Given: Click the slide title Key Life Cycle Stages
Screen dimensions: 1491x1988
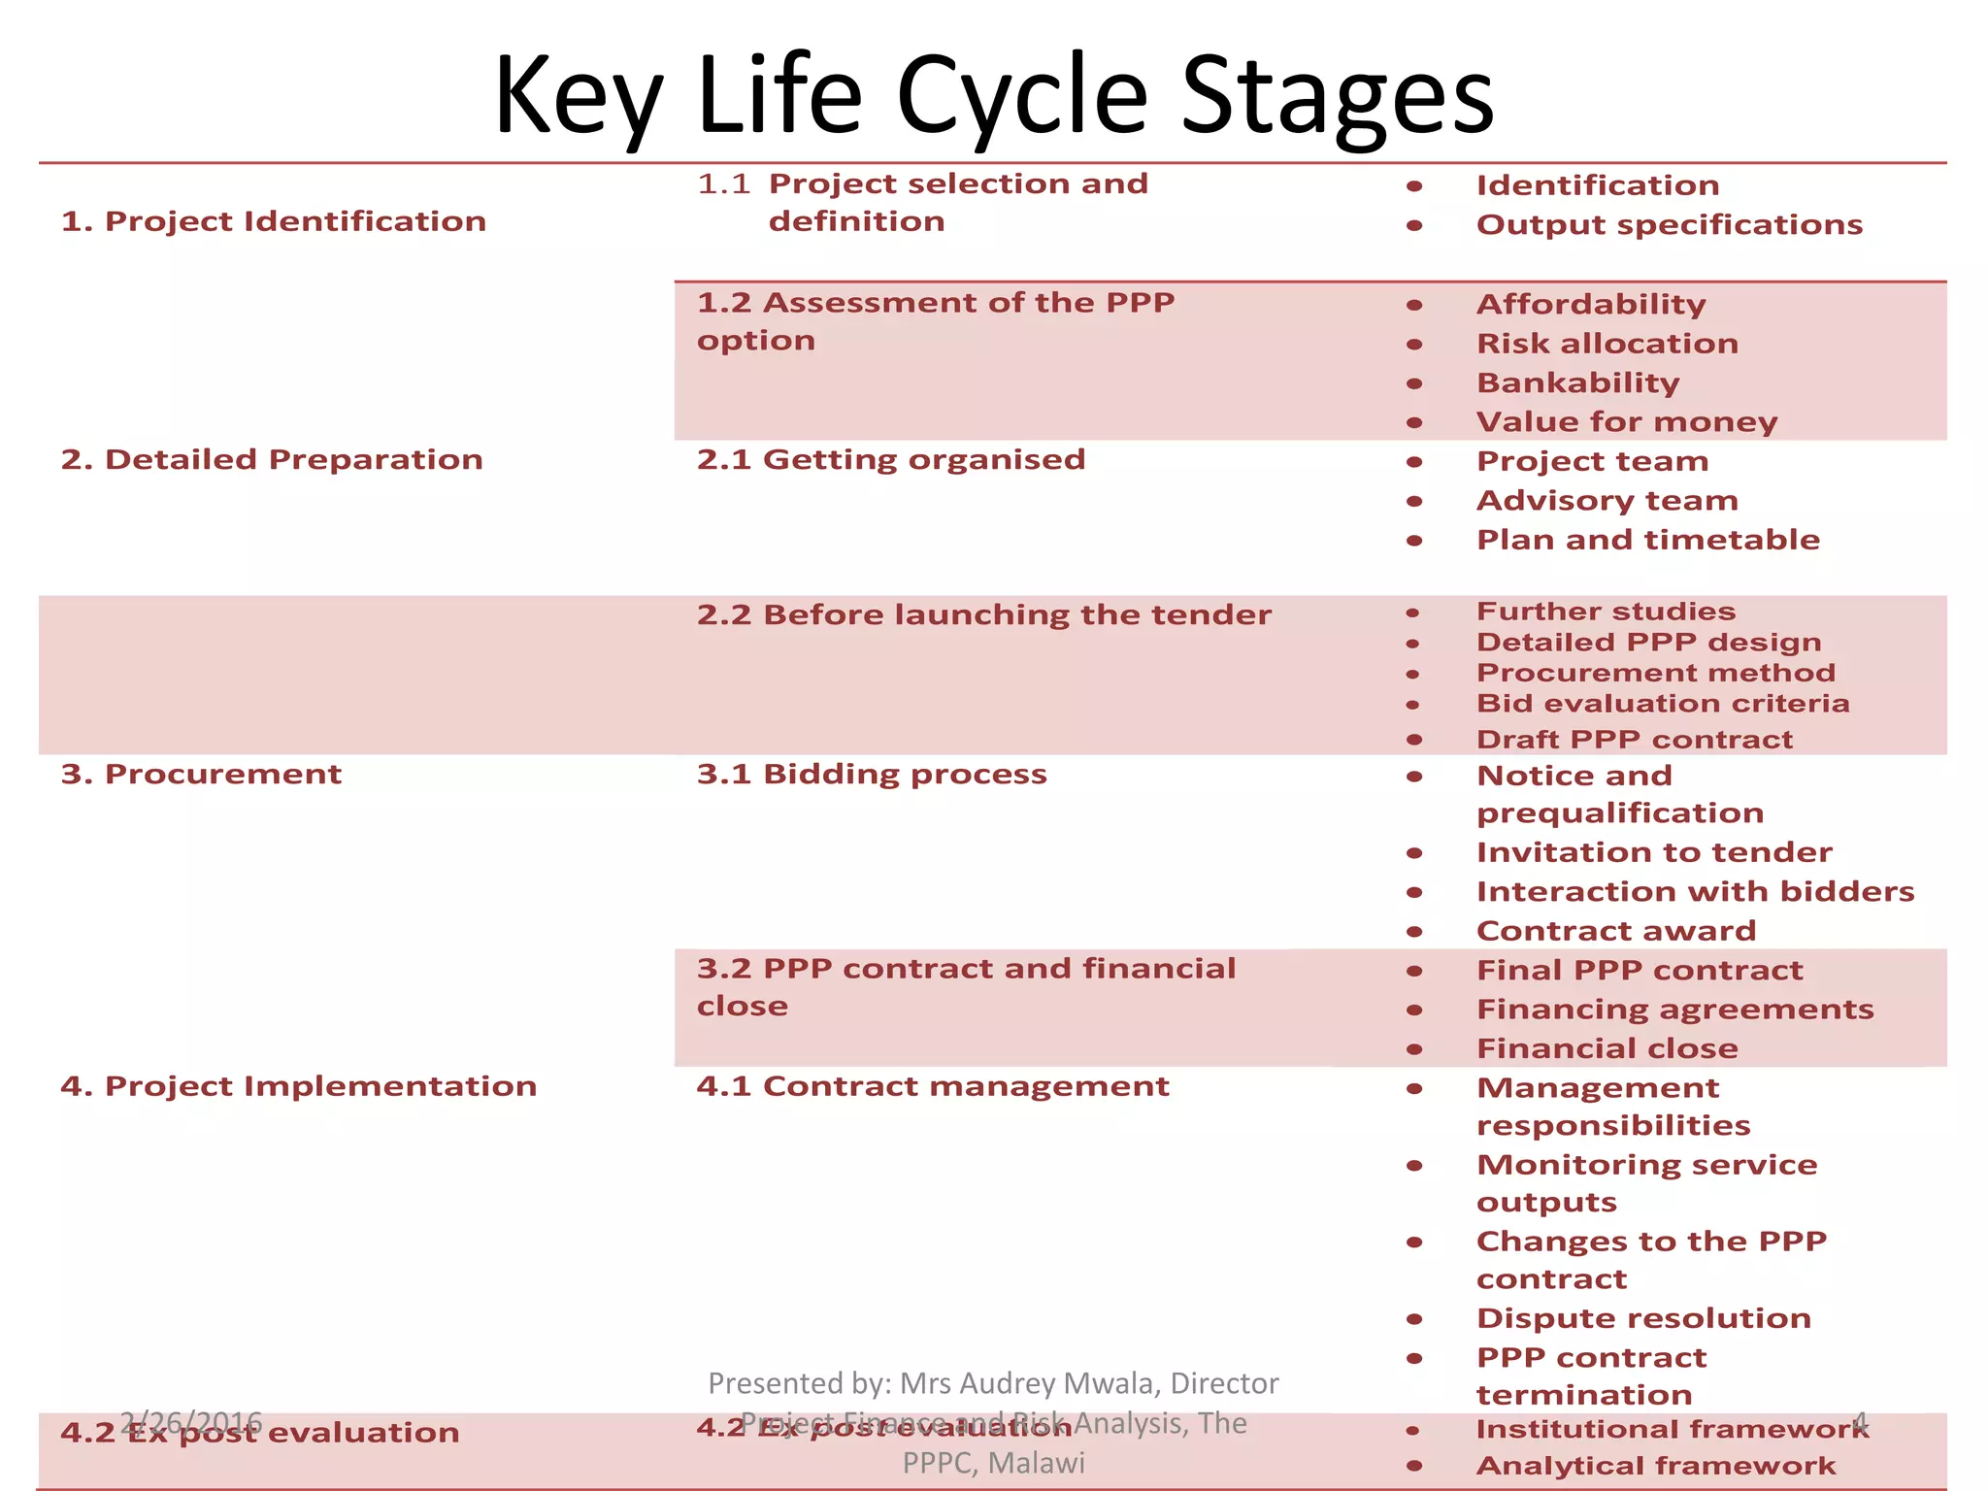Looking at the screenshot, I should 994,95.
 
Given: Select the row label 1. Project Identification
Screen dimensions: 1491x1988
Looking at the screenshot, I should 273,221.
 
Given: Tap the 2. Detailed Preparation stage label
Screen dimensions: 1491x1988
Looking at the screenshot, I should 272,459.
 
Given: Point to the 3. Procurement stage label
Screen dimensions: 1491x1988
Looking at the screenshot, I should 201,774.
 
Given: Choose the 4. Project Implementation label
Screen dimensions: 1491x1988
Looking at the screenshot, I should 298,1085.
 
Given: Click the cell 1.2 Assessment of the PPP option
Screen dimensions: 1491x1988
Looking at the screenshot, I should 935,321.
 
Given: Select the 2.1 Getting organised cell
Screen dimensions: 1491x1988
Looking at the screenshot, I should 890,459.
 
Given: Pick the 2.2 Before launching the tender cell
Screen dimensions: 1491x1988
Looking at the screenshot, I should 983,614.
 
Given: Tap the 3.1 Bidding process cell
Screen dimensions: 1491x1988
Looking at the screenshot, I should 872,774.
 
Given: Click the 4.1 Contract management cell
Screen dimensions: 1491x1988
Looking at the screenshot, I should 932,1085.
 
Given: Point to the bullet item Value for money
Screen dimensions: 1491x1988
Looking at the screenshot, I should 1627,421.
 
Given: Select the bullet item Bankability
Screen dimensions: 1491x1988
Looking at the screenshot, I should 1577,382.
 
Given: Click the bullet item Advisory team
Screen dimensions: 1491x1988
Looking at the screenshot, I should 1607,500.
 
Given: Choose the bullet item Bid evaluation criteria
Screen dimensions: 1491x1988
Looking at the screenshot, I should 1662,703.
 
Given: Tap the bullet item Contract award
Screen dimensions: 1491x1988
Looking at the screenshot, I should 1616,930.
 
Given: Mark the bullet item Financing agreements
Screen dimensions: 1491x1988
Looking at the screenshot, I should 1674,1009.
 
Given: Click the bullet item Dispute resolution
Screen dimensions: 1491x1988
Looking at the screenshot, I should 1643,1317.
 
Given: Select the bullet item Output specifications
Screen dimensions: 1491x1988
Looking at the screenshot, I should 1669,224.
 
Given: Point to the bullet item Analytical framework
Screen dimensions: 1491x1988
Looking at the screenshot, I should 1655,1465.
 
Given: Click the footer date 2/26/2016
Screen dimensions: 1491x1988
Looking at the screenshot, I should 191,1422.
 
